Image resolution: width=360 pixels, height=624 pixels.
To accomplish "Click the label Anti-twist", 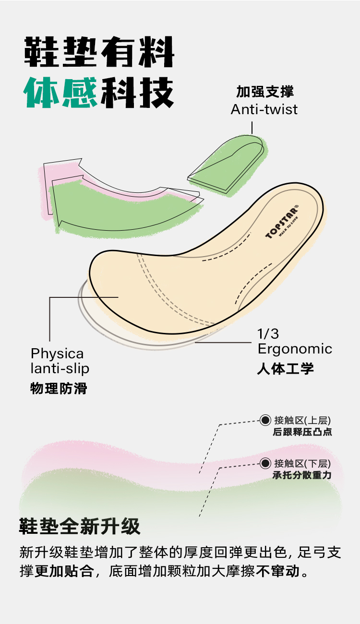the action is [x=264, y=109].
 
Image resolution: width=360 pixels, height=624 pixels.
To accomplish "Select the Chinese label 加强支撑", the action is [x=264, y=92].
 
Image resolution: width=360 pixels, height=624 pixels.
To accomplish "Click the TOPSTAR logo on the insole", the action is [x=282, y=222].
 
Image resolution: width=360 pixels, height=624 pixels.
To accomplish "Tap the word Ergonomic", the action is [x=295, y=349].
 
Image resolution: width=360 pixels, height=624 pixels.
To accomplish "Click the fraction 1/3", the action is [x=268, y=333].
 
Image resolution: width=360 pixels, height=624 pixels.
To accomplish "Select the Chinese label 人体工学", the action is [x=285, y=368].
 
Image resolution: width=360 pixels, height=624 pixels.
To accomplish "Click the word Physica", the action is [x=57, y=354].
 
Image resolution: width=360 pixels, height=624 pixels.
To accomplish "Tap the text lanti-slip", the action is [x=60, y=368].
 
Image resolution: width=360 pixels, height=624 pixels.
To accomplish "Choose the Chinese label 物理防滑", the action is [x=59, y=388].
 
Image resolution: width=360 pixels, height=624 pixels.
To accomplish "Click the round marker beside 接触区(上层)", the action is [x=265, y=420].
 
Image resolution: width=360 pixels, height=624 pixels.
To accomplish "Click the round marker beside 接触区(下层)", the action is [x=265, y=463].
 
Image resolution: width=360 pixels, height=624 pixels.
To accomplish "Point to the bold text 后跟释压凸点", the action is [x=302, y=432].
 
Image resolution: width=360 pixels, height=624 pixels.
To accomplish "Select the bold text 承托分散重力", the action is [x=302, y=475].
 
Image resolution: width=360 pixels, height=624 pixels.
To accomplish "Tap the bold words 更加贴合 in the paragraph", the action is [x=64, y=572].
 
